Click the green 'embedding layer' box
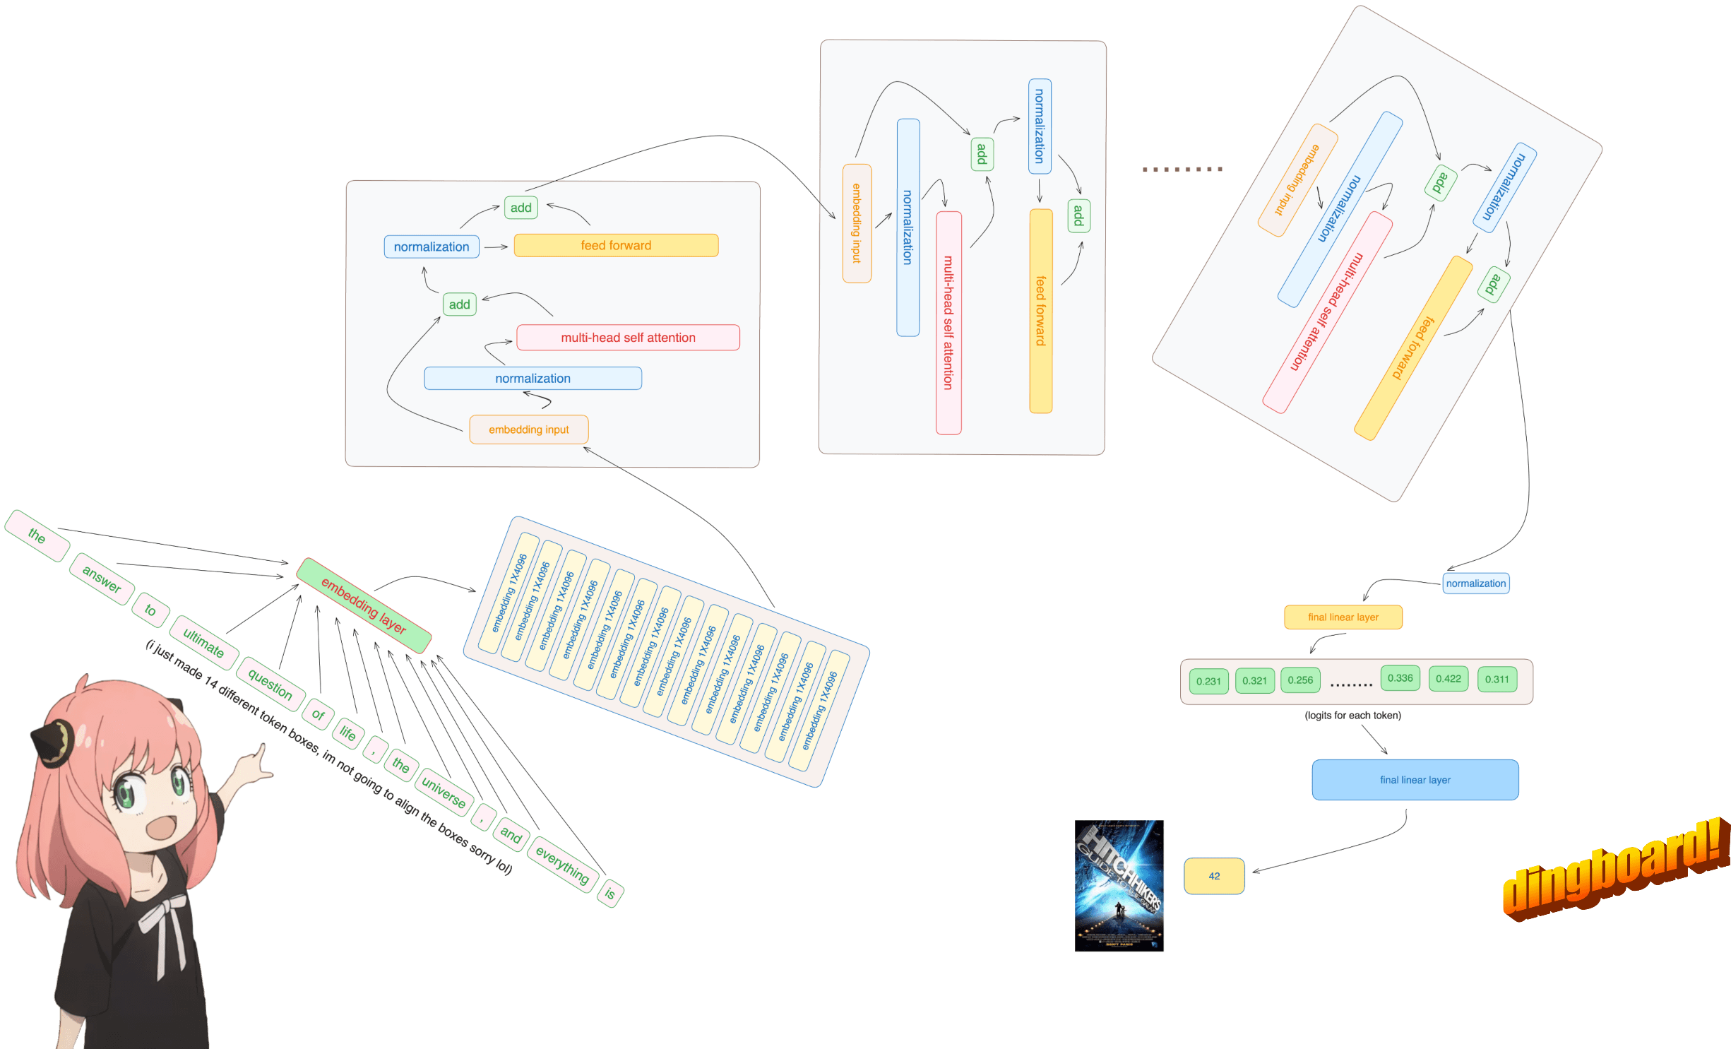[x=363, y=605]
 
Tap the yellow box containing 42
[x=1213, y=876]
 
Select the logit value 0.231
[x=1208, y=681]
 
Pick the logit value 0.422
[x=1448, y=679]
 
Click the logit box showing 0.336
[x=1400, y=678]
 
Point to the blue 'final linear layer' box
[x=1415, y=780]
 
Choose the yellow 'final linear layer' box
[x=1343, y=617]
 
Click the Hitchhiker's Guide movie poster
[x=1119, y=885]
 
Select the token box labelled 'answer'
[x=102, y=579]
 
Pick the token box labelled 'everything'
[x=562, y=865]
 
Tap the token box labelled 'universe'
[x=444, y=792]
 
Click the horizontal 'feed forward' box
[x=616, y=245]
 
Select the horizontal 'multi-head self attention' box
[x=628, y=338]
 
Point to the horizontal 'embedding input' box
[x=528, y=429]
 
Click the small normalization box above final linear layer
[x=1475, y=583]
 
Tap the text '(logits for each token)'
[x=1352, y=716]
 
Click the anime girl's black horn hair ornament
[x=53, y=742]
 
